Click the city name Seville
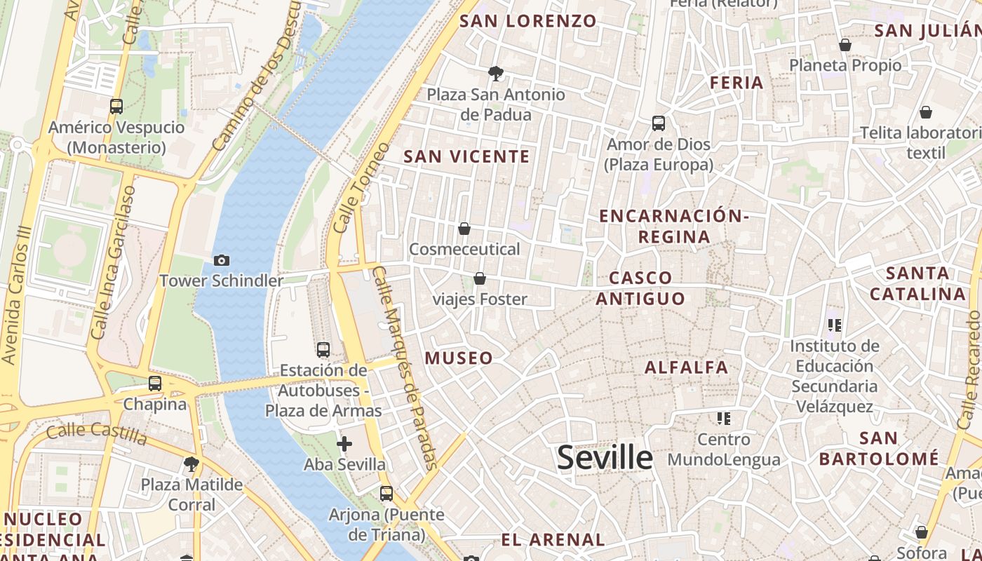click(x=605, y=457)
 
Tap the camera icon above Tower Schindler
click(x=222, y=260)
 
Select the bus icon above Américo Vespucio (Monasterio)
click(x=116, y=107)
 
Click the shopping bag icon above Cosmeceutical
click(x=464, y=229)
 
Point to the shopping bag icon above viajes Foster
click(x=480, y=279)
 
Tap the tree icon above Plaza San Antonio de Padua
click(x=496, y=73)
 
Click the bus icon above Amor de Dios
click(x=659, y=123)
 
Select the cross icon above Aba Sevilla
click(x=344, y=444)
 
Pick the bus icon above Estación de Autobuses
click(x=323, y=349)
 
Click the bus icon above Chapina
click(x=155, y=384)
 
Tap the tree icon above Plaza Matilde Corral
click(x=191, y=464)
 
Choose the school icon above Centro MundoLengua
click(x=724, y=419)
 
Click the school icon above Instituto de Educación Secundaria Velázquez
click(x=834, y=325)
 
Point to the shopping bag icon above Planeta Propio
click(x=845, y=45)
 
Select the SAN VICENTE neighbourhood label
click(x=466, y=156)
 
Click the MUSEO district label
click(x=459, y=358)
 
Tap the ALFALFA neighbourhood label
click(x=686, y=367)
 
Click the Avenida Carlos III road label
click(x=17, y=295)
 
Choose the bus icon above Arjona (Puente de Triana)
click(x=386, y=494)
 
